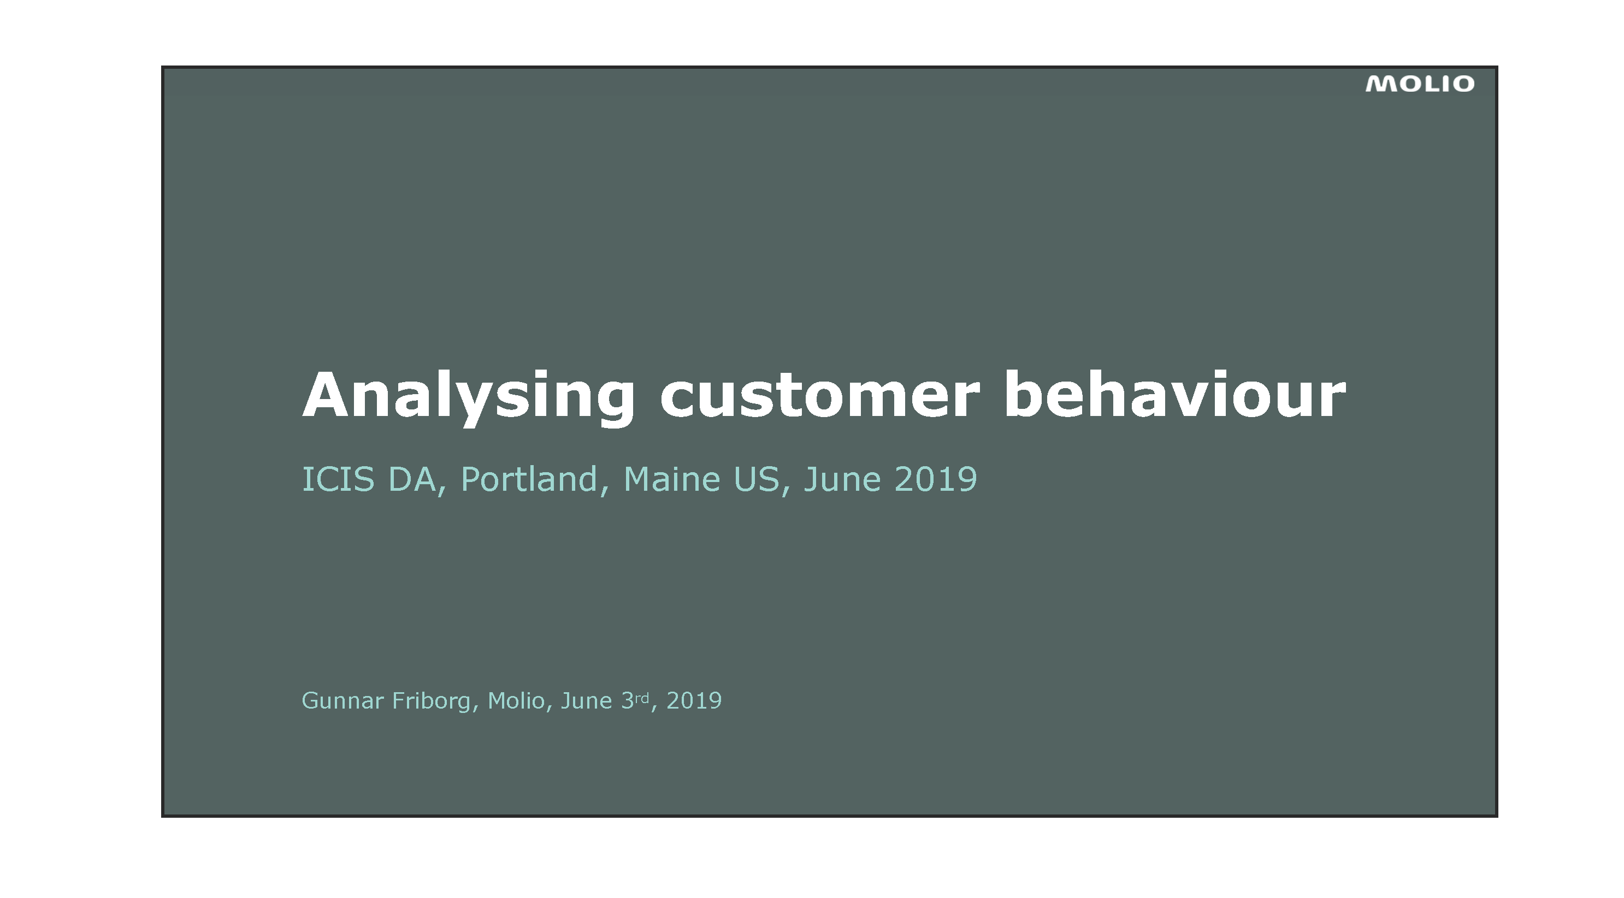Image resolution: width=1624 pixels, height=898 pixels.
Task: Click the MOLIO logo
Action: click(1420, 85)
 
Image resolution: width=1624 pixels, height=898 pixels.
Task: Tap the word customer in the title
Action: click(819, 396)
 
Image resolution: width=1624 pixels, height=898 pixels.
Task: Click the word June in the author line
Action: click(586, 701)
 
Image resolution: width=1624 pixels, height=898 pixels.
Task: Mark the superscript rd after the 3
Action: click(641, 698)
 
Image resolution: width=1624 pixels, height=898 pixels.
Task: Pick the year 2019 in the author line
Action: click(694, 701)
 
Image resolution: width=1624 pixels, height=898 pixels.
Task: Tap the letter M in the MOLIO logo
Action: click(1380, 85)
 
